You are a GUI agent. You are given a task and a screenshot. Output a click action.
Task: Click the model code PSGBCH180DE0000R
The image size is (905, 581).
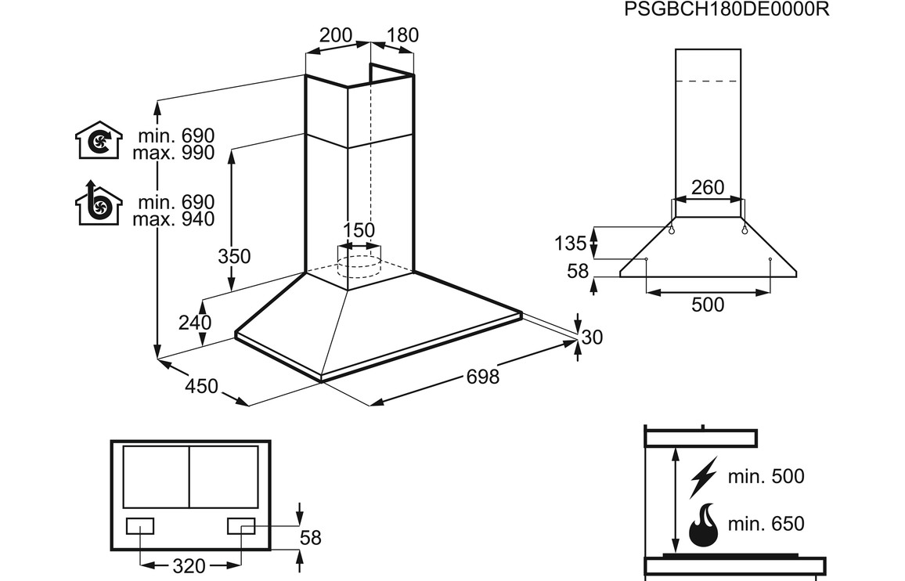(x=727, y=9)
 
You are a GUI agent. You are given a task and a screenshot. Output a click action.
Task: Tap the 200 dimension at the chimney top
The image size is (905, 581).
(x=336, y=35)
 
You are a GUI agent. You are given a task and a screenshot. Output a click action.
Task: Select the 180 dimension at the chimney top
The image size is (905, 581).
(x=402, y=35)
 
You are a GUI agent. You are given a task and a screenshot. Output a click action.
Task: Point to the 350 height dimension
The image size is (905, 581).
(x=234, y=256)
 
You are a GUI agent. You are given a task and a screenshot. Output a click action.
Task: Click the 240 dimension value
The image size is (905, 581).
(x=195, y=323)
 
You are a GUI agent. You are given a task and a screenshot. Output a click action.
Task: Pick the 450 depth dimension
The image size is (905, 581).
(x=201, y=386)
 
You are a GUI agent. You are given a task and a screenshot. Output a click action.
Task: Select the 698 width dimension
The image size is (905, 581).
(x=482, y=377)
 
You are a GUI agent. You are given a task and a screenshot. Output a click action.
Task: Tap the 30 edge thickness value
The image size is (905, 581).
(x=593, y=337)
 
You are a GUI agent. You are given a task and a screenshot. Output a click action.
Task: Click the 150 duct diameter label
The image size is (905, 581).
(x=359, y=230)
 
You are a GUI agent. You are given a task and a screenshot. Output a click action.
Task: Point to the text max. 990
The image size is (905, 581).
(x=173, y=153)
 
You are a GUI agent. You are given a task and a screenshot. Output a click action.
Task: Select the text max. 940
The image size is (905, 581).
(x=173, y=219)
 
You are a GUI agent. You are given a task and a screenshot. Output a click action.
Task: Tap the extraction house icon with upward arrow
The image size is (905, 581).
(x=99, y=203)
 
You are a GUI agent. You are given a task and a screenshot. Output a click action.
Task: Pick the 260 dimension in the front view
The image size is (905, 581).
(x=708, y=187)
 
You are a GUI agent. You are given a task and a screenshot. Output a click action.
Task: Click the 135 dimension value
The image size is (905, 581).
(x=570, y=243)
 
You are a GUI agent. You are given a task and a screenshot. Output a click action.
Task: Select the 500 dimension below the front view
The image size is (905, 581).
(x=708, y=305)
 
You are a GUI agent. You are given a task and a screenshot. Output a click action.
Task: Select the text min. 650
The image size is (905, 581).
(x=765, y=523)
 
